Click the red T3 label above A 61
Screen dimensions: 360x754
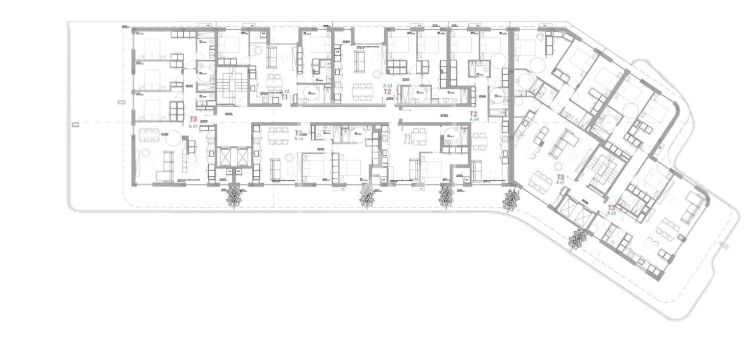point(193,119)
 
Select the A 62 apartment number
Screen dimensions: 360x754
point(285,91)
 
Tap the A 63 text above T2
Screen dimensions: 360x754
point(387,86)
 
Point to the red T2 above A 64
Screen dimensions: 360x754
point(474,114)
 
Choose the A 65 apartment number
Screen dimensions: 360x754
point(408,142)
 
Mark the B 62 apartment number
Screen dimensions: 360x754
point(612,213)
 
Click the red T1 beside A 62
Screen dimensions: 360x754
point(284,97)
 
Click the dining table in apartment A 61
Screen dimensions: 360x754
point(149,135)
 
